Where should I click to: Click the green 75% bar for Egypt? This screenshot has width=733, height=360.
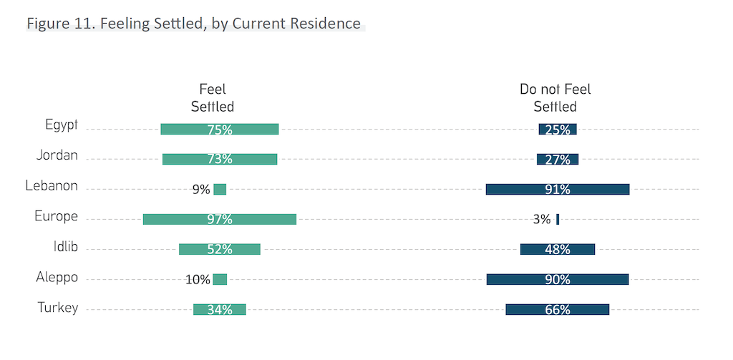pos(219,130)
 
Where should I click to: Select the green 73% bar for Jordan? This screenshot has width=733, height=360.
pos(219,160)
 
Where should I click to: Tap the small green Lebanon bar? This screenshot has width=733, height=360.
pos(220,190)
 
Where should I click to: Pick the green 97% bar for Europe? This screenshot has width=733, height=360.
pos(219,220)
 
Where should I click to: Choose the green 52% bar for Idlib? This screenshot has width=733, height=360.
pos(219,249)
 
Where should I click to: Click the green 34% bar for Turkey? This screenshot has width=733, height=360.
pos(219,309)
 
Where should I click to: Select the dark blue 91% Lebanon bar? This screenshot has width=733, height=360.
pos(557,190)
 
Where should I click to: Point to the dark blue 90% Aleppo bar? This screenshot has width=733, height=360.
pos(557,279)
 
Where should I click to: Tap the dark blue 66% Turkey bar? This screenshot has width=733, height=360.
pos(557,309)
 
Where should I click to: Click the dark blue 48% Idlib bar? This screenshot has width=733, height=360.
pos(557,249)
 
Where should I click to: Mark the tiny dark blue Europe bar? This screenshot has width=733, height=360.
pos(558,220)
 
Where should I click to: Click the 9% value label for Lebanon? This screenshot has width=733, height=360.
pos(200,190)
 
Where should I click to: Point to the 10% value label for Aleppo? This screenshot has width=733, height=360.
pos(198,280)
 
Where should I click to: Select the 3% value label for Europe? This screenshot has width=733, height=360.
pos(542,220)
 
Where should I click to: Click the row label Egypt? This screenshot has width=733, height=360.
pos(61,125)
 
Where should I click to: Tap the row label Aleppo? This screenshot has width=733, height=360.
pos(57,278)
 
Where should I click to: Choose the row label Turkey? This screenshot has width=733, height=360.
pos(57,308)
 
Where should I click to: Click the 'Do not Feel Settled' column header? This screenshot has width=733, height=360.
pos(555,98)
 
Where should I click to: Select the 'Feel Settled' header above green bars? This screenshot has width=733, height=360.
pos(213,98)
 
